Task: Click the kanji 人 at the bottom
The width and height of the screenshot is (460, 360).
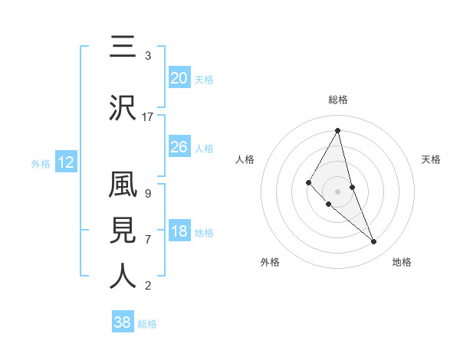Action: coord(123,277)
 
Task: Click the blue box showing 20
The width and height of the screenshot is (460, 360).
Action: coord(179,78)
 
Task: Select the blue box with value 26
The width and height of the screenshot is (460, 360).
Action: coord(179,147)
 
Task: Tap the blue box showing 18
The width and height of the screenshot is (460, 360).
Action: coord(179,232)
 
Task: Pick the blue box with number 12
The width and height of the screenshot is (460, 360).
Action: coord(65,162)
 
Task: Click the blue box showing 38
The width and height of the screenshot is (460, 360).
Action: coord(122,322)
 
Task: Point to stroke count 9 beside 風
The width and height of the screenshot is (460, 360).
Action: coord(147,194)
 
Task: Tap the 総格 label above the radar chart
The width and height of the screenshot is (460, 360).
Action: coord(337,100)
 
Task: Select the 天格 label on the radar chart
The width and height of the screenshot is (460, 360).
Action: coord(431,159)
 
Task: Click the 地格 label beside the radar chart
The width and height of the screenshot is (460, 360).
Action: coord(402,262)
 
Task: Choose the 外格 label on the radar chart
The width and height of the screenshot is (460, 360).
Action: coord(270,262)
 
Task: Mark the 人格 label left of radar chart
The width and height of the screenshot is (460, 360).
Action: coord(245,159)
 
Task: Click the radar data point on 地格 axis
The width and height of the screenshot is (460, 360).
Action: coord(374,242)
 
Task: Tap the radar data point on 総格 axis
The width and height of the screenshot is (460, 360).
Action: coord(337,130)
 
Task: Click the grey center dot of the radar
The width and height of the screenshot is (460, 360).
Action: coord(337,191)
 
